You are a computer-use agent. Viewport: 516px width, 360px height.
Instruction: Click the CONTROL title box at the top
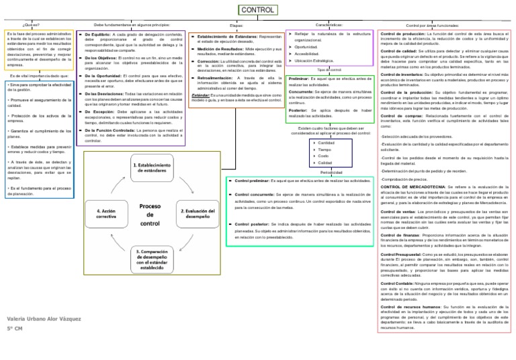click(257, 11)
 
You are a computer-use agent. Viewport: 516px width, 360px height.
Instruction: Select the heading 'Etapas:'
click(236, 26)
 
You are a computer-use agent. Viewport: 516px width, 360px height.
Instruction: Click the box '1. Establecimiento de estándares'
click(159, 167)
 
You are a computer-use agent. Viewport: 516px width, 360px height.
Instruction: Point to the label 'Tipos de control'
click(329, 69)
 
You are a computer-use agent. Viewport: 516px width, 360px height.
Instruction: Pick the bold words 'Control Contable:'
click(402, 285)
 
